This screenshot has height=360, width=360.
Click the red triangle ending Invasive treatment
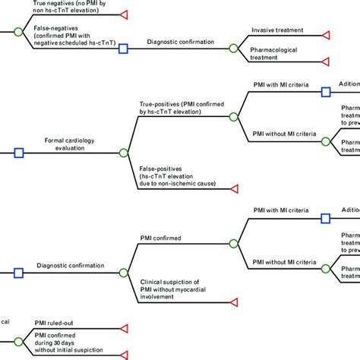(x=326, y=35)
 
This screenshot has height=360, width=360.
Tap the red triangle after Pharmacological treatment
(x=326, y=61)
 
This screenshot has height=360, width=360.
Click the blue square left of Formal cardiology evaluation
(x=20, y=153)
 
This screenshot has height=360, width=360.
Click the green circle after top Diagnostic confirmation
(x=233, y=47)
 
